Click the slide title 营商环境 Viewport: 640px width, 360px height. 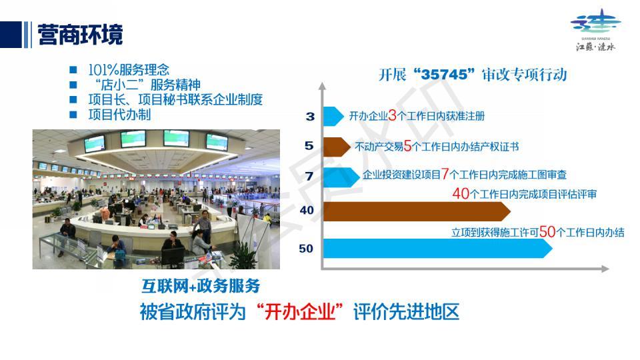[80, 35]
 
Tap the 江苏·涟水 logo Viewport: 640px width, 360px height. [595, 30]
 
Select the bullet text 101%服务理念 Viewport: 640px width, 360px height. [129, 70]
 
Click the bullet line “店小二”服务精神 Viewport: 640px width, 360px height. [147, 85]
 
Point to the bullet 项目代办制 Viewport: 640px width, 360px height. [119, 114]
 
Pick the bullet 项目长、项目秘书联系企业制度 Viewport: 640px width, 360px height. [175, 99]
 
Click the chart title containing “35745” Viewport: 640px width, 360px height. [473, 75]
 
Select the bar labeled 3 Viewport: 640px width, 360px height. [333, 116]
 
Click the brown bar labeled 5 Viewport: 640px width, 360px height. [336, 147]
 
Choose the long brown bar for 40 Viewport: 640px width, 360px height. [417, 211]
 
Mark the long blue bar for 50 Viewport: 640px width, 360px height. [437, 248]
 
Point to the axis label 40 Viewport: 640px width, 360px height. [307, 210]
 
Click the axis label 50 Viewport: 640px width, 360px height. [306, 249]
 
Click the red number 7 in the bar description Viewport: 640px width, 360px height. [445, 174]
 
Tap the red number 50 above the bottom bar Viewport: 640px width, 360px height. [547, 232]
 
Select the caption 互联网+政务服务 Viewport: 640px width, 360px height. [201, 286]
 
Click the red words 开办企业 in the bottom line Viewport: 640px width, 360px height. [300, 312]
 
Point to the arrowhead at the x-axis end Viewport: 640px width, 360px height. [605, 269]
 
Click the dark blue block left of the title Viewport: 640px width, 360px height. [11, 35]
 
